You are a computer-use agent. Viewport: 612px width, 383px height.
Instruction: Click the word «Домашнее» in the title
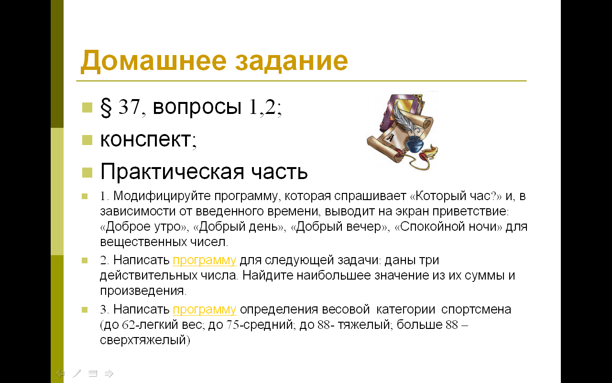click(x=153, y=61)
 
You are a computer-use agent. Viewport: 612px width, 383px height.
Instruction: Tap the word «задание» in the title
click(x=292, y=61)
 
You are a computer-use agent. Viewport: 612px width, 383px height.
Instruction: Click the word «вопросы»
click(x=197, y=107)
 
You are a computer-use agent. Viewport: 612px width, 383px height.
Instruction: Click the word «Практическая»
click(x=172, y=172)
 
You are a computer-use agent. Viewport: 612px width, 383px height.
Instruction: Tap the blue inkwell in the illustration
click(x=415, y=143)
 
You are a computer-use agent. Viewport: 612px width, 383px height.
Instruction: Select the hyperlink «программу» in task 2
click(x=204, y=260)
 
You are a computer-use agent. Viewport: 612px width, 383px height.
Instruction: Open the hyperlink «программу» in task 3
click(x=204, y=310)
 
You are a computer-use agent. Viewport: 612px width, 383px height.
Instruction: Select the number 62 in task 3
click(x=128, y=325)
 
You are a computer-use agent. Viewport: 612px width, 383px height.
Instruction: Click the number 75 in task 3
click(x=233, y=325)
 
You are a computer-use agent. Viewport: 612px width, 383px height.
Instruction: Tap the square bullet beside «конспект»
click(x=87, y=140)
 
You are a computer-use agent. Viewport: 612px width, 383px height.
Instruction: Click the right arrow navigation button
click(x=109, y=373)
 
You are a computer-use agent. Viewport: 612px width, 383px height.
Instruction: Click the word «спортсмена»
click(x=476, y=310)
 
